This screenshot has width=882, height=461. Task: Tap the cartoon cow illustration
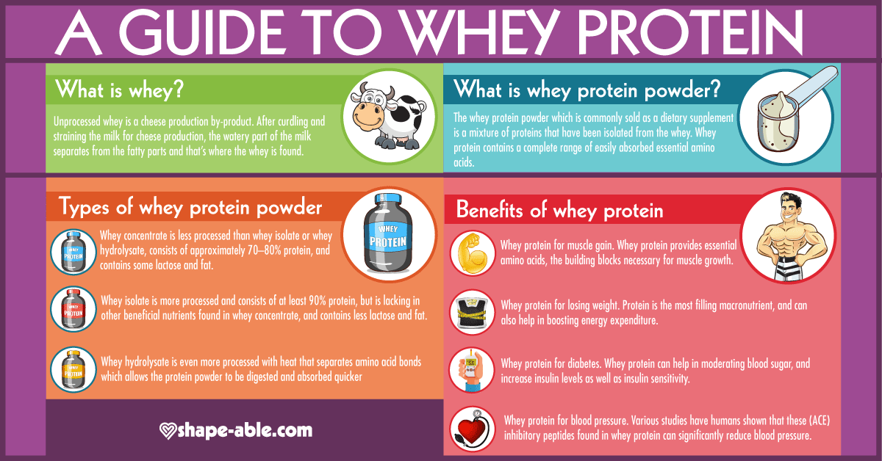click(388, 117)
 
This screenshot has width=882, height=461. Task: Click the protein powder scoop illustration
click(792, 114)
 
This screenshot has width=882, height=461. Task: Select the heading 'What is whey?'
click(119, 90)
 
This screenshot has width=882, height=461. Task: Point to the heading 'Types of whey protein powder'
click(190, 207)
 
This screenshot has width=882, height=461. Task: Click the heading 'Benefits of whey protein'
click(559, 210)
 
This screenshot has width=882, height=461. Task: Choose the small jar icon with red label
click(73, 310)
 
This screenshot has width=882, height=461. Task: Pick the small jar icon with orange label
click(73, 370)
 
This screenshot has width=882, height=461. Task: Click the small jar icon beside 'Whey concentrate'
click(73, 252)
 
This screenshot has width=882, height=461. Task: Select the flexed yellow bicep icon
click(472, 253)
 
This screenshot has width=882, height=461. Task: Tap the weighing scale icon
click(472, 313)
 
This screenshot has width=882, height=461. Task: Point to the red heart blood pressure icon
click(472, 429)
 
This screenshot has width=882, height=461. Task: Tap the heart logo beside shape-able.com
click(168, 431)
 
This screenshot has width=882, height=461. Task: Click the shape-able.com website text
click(245, 430)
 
